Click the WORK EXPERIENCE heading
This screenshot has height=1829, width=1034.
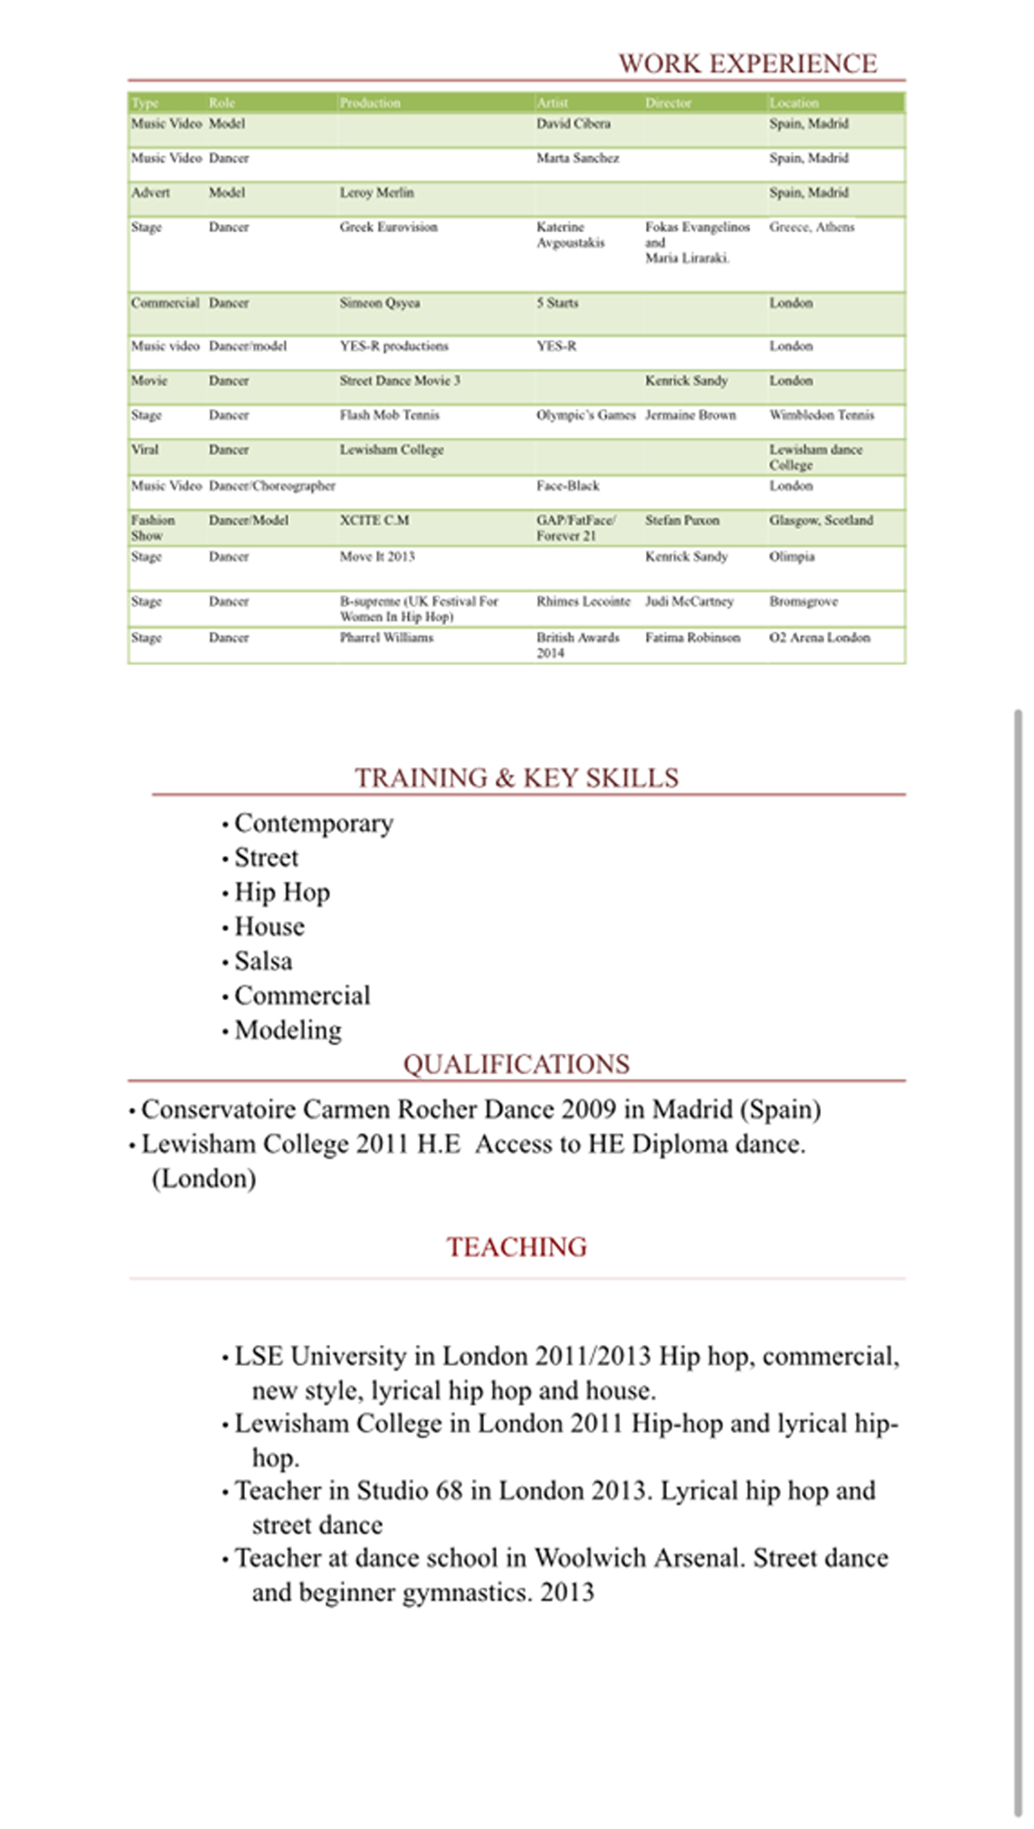748,64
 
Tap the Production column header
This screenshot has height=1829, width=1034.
370,103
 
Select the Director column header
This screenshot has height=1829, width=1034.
668,103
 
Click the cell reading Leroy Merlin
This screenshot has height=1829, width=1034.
376,192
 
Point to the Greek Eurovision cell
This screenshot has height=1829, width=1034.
389,227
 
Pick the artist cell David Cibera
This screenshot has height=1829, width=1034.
573,124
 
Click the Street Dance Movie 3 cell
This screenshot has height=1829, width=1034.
400,381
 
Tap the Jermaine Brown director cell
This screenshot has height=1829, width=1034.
690,415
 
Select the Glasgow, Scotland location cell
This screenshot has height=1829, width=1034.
821,520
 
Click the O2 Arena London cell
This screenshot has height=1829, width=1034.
820,637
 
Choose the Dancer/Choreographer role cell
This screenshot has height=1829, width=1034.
272,486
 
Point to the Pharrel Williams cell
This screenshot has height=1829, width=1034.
387,637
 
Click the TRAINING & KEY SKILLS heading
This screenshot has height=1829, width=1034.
516,778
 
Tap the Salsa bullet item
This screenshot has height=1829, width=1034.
263,961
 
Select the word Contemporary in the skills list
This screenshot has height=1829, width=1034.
314,824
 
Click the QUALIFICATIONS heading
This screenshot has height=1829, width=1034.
516,1064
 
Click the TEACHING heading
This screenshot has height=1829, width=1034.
516,1248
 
